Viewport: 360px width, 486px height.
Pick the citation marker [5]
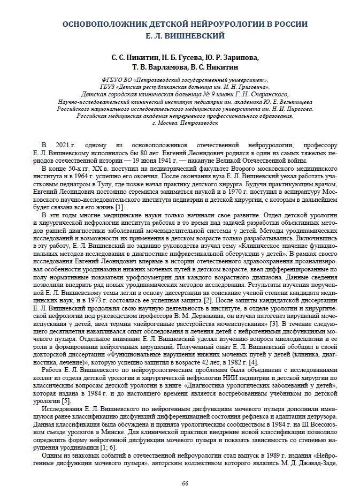tap(65, 401)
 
